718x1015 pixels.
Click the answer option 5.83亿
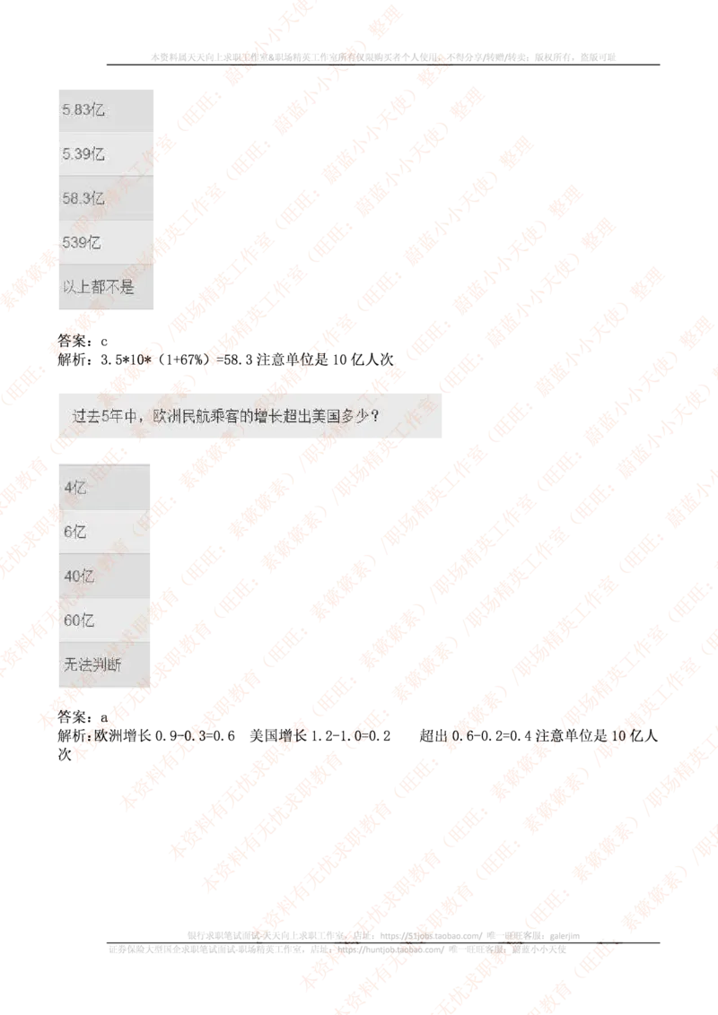pyautogui.click(x=83, y=109)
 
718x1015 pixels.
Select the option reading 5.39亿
pyautogui.click(x=83, y=154)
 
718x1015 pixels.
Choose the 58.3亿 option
pyautogui.click(x=83, y=198)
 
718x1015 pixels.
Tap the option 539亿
pyautogui.click(x=81, y=242)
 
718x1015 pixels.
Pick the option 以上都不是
pyautogui.click(x=98, y=287)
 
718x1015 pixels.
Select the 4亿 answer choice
pyautogui.click(x=75, y=488)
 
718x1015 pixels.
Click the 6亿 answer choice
pyautogui.click(x=75, y=532)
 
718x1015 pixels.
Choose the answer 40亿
pyautogui.click(x=79, y=577)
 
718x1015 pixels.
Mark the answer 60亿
pyautogui.click(x=79, y=620)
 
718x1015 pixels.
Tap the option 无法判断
pyautogui.click(x=92, y=665)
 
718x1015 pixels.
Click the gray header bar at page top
pyautogui.click(x=383, y=57)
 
